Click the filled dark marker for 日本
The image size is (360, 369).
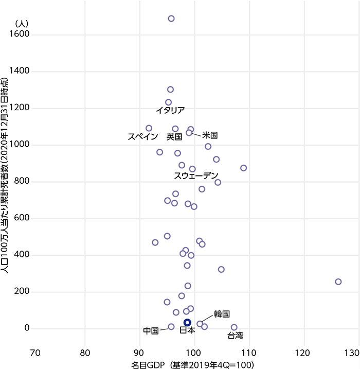(187, 322)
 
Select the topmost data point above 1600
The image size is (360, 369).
(171, 19)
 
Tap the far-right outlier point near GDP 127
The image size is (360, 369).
(338, 282)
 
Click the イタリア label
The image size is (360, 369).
(170, 110)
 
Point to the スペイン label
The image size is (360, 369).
(142, 137)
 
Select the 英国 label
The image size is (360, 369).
(174, 137)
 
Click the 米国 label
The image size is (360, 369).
(210, 135)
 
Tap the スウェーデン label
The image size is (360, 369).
(196, 176)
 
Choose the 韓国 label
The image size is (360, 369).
(221, 313)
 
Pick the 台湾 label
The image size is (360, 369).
(235, 336)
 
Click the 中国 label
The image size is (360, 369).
(151, 330)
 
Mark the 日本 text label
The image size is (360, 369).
(187, 331)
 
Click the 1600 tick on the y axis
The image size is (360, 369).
(20, 34)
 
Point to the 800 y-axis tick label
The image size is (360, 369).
(22, 181)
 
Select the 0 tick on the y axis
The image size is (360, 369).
(28, 328)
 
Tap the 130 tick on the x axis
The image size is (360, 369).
(352, 353)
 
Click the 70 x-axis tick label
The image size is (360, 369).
(35, 353)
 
